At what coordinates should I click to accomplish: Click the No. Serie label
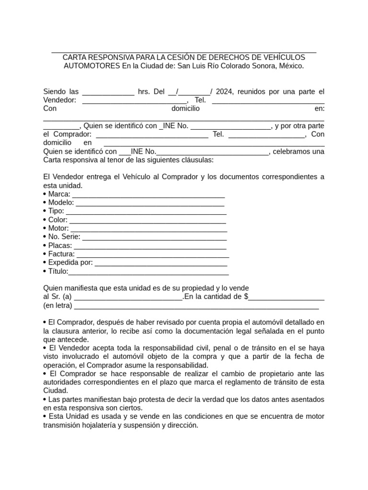point(64,237)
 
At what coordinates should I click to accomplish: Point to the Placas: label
point(60,245)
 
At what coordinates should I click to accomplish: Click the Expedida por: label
point(70,263)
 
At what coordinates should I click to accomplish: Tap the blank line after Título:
point(149,272)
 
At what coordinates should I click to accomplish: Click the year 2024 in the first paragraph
point(224,91)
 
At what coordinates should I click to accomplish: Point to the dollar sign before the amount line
point(246,297)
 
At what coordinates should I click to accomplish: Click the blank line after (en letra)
point(196,306)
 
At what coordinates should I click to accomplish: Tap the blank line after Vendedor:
point(135,100)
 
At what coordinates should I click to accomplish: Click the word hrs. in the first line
point(144,91)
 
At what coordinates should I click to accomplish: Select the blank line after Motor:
point(149,229)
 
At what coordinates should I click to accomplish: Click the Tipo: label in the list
point(56,211)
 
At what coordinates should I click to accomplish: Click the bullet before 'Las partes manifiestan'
point(45,399)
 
